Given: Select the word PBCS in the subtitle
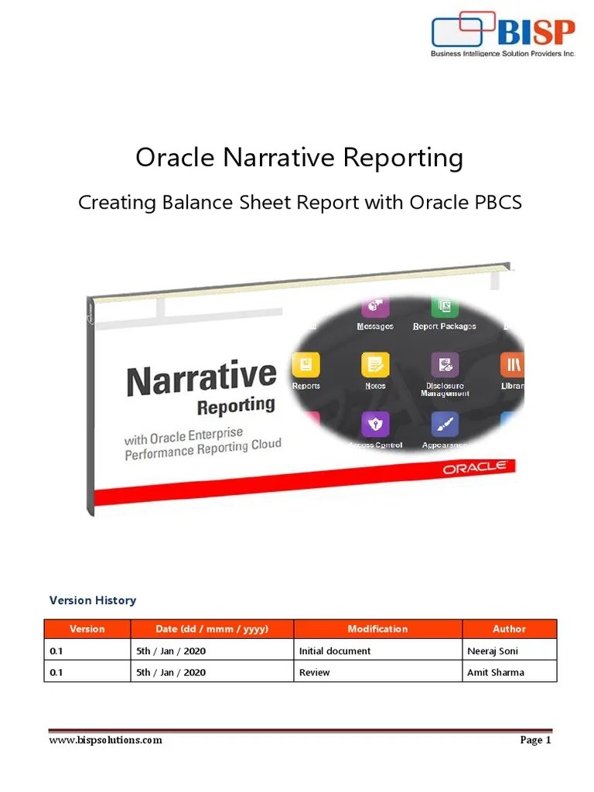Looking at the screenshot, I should point(496,203).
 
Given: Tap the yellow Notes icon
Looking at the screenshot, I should point(375,364).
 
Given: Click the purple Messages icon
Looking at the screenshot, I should point(375,306).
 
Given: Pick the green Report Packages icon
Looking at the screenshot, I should point(445,306).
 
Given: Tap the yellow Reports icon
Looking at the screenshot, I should point(306,364).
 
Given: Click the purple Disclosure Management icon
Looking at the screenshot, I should point(444,364).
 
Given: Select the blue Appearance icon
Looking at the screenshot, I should point(445,424).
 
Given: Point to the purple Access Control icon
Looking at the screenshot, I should point(375,424).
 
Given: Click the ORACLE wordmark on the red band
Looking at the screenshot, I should point(474,467).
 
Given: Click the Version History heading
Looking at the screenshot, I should point(93,600).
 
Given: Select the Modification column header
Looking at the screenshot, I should point(377,629).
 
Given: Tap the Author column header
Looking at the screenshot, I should point(509,629).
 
